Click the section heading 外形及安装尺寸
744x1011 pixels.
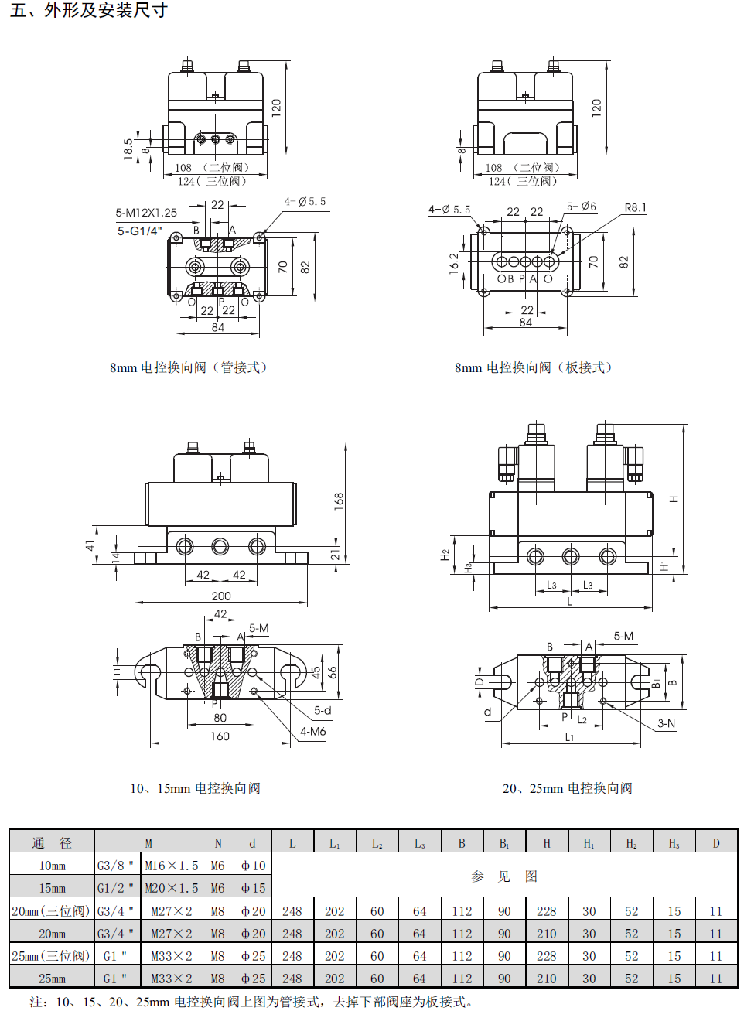tap(106, 10)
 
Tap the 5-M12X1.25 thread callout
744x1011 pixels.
tap(146, 213)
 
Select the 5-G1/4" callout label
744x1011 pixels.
tap(139, 231)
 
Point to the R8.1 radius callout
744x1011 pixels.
tap(635, 207)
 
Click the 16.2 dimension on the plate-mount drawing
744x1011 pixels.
tap(454, 263)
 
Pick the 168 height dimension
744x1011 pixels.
tap(339, 501)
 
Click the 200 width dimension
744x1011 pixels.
tap(221, 596)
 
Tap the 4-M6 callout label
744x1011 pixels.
tap(312, 731)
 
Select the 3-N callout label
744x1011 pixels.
tap(666, 723)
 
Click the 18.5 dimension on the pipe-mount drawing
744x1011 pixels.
tap(128, 149)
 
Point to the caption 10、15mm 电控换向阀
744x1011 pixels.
tap(196, 788)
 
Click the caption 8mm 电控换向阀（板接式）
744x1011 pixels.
tap(534, 367)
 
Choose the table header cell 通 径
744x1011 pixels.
tap(52, 842)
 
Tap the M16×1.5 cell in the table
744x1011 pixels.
tap(172, 866)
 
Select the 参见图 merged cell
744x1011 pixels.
tap(504, 876)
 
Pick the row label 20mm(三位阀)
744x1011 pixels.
tap(51, 910)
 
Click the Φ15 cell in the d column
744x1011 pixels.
tap(253, 888)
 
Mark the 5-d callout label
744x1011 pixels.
tap(323, 710)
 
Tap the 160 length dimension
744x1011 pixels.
tap(220, 736)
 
